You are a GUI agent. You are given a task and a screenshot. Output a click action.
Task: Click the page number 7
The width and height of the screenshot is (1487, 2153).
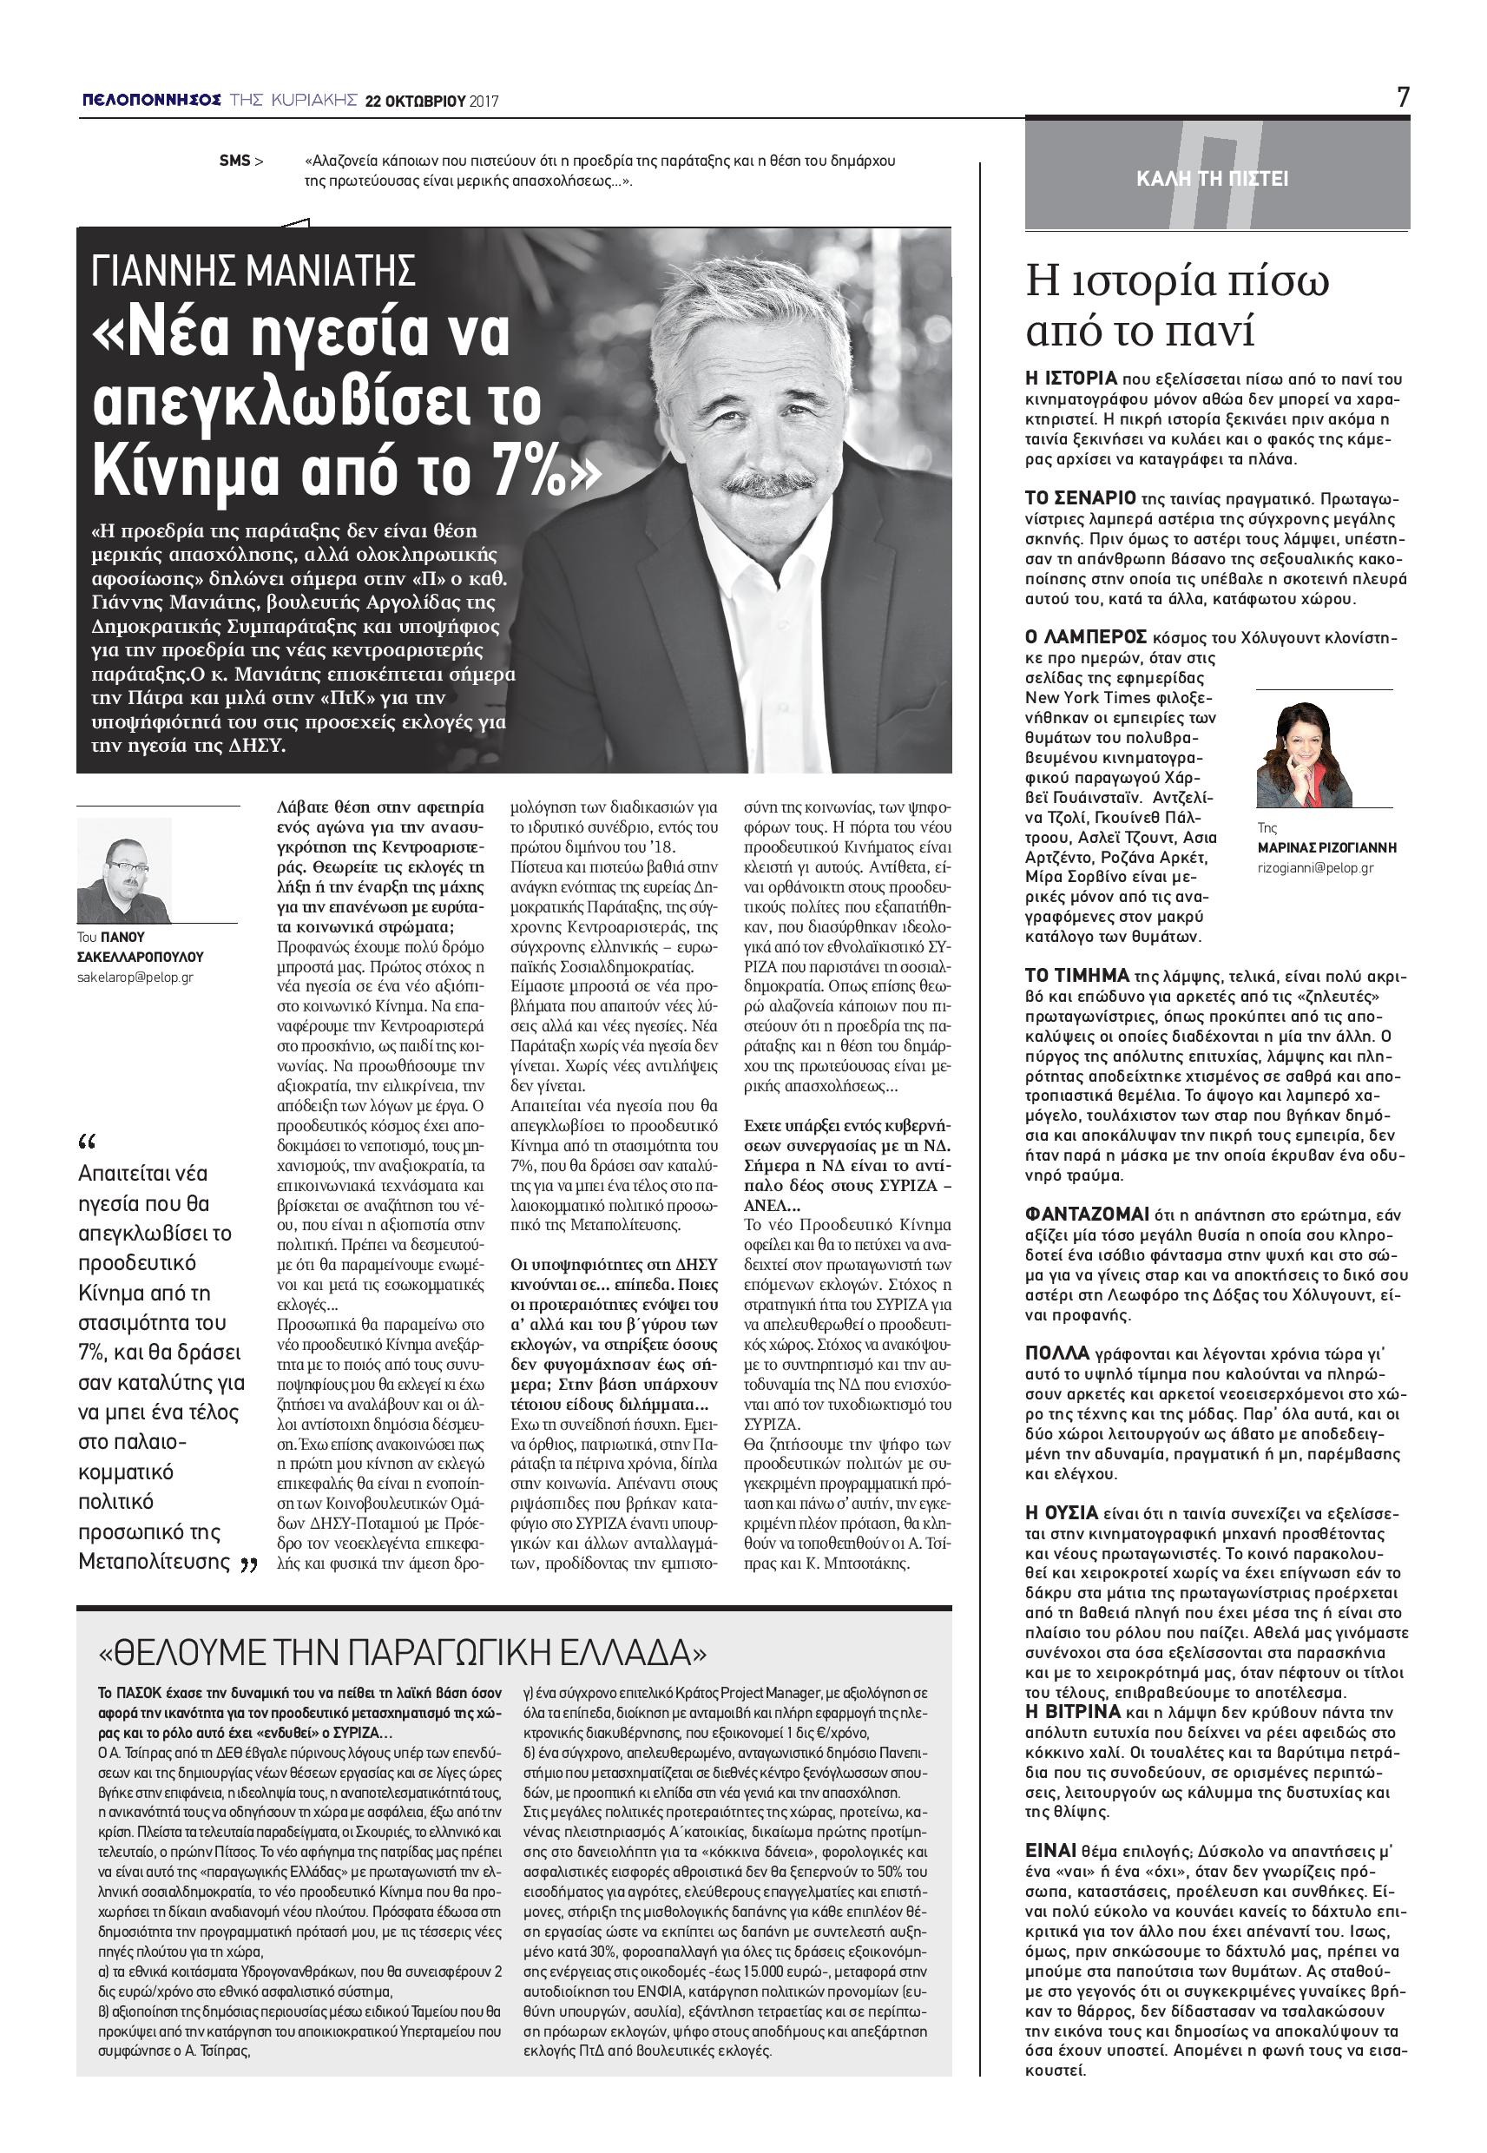[1402, 97]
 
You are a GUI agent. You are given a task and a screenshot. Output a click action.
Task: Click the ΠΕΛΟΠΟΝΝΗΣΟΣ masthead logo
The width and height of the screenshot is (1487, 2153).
[151, 100]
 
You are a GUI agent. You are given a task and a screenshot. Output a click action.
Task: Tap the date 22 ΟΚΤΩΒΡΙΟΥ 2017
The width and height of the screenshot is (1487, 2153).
[431, 101]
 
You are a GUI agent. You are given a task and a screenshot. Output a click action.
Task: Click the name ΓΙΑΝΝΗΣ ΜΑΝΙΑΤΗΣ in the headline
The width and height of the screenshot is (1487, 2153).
[253, 271]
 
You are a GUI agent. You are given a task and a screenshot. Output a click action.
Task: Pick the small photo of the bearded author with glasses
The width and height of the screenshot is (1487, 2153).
[124, 870]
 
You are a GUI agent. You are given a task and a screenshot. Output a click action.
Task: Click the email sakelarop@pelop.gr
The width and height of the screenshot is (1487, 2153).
[135, 978]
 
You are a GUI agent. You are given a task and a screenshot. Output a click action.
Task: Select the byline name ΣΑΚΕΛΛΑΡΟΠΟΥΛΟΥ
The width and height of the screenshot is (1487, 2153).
[140, 957]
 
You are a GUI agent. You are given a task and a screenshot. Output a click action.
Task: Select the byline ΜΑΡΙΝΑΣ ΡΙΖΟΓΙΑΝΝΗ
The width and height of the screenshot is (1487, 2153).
[1326, 848]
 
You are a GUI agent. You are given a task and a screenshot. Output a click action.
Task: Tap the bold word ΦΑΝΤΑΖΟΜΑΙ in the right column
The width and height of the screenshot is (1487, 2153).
[1086, 1215]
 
